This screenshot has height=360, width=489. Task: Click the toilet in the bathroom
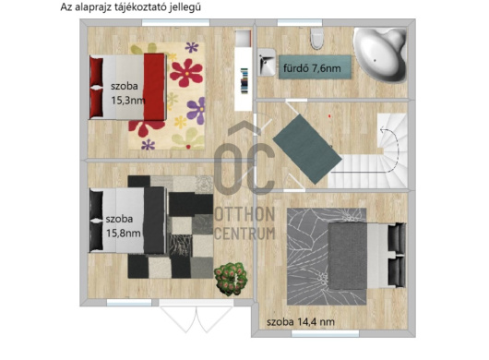[316, 38]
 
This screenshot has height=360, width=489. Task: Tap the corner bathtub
[380, 54]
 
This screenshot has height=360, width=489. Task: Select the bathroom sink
[267, 62]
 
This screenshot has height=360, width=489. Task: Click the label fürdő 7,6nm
[312, 68]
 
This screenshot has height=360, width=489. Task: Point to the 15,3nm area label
[128, 101]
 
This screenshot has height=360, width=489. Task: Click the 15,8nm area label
[124, 233]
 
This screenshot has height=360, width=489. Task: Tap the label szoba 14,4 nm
[301, 321]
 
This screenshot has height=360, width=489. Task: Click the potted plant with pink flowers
[231, 279]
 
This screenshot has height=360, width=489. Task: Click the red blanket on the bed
[154, 87]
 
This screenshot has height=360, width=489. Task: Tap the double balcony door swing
[197, 318]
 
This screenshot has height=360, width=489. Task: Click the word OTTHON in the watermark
[244, 214]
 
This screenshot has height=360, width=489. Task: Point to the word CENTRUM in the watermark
[244, 234]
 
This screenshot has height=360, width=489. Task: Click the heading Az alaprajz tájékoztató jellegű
[130, 6]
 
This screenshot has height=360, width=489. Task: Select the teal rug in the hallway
[307, 150]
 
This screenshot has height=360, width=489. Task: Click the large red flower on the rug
[186, 73]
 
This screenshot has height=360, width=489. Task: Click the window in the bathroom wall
[299, 22]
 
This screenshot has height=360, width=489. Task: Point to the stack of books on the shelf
[244, 81]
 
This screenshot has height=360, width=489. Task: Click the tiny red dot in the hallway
[329, 116]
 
